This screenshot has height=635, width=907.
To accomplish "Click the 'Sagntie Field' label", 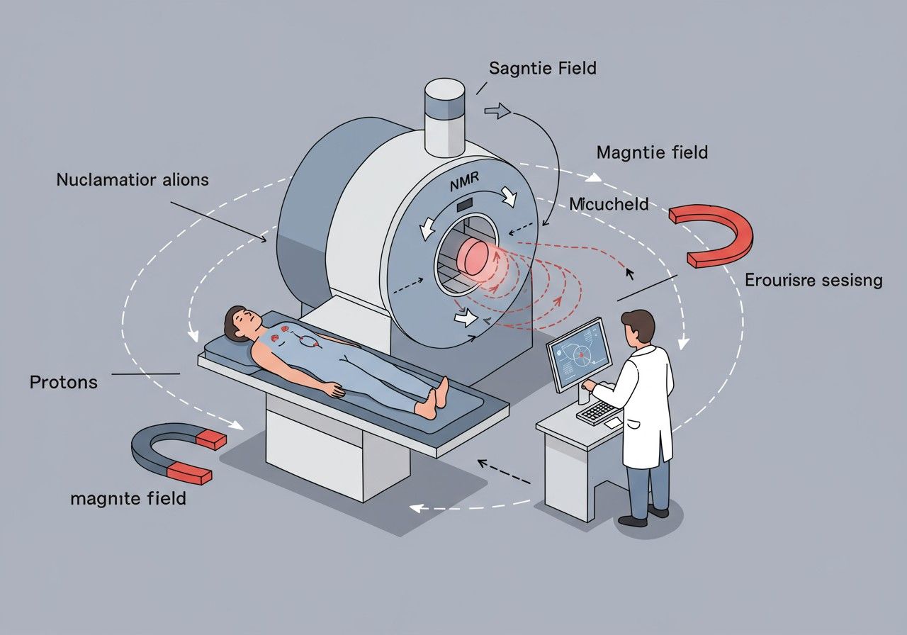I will pyautogui.click(x=543, y=69).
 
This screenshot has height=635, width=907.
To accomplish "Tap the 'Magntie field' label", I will pyautogui.click(x=652, y=152).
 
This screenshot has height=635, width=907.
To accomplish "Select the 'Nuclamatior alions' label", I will pyautogui.click(x=133, y=179).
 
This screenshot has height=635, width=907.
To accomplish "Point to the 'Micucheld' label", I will pyautogui.click(x=609, y=204).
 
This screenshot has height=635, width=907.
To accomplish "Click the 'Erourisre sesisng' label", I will pyautogui.click(x=813, y=281).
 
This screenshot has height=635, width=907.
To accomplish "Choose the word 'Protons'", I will pyautogui.click(x=64, y=383).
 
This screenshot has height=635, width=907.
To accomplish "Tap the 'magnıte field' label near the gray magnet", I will pyautogui.click(x=128, y=498).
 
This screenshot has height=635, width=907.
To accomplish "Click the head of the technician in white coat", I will pyautogui.click(x=640, y=327).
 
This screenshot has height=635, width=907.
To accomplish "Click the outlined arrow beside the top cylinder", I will pyautogui.click(x=497, y=110).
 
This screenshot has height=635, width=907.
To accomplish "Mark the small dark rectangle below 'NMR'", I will pyautogui.click(x=465, y=204).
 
